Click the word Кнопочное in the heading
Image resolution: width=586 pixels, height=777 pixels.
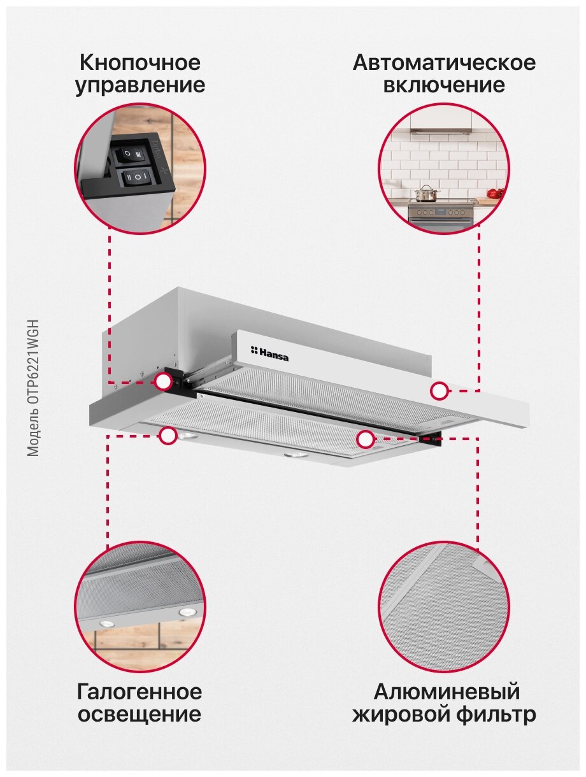[x=140, y=63]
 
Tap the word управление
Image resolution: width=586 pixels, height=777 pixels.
[x=140, y=85]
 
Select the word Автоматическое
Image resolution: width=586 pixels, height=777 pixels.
[x=444, y=63]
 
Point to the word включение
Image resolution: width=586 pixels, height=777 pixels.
[x=444, y=85]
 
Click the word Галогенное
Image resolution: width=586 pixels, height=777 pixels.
[x=139, y=692]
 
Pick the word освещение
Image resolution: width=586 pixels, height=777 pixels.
[x=139, y=714]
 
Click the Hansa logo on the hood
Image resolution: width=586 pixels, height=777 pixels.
[x=269, y=353]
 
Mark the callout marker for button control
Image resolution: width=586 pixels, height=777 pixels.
[x=164, y=381]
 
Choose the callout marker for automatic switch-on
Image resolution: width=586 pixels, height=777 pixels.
[x=439, y=391]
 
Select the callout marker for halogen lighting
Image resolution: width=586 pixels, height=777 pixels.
[x=168, y=436]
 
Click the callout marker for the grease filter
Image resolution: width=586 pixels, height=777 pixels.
[x=365, y=439]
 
